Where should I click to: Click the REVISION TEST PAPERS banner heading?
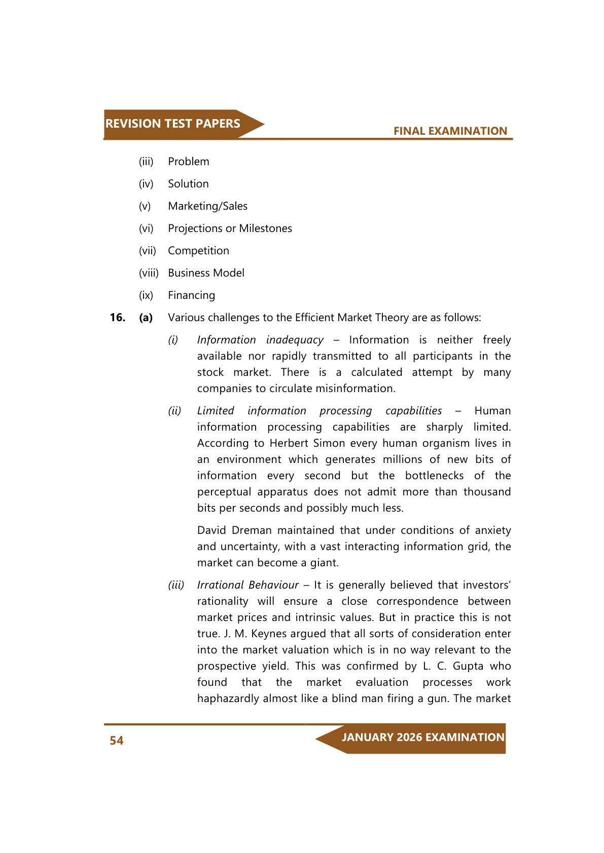click(172, 124)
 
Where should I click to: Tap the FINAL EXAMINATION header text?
click(450, 131)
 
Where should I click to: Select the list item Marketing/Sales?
click(207, 206)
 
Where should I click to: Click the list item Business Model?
click(206, 273)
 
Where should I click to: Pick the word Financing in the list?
click(191, 295)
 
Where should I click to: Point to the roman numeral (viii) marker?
click(149, 273)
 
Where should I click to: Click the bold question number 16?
click(118, 318)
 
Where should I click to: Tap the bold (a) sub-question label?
click(146, 318)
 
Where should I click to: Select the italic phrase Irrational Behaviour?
click(247, 585)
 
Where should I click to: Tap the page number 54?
click(117, 741)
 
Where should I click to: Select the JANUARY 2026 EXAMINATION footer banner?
click(422, 738)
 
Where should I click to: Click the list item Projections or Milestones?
click(230, 228)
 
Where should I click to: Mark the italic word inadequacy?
click(295, 340)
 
